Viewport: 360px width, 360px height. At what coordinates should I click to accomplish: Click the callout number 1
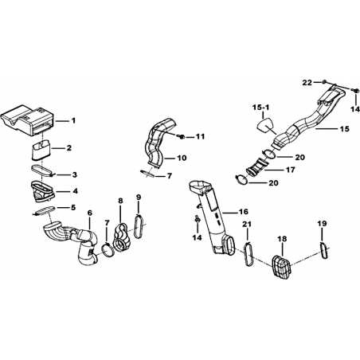click(x=73, y=120)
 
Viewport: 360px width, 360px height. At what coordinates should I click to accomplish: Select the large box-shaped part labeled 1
click(x=27, y=121)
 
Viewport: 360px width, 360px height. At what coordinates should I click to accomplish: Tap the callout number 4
click(x=75, y=191)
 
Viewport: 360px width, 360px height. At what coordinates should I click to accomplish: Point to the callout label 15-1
click(x=260, y=108)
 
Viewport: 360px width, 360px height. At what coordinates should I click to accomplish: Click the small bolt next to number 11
click(x=182, y=137)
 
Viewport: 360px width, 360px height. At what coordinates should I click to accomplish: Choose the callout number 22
click(x=307, y=83)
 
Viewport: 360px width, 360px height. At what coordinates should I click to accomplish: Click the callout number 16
click(x=244, y=212)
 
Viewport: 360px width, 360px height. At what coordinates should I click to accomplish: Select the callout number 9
click(x=139, y=198)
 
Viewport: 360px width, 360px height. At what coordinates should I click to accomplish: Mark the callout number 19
click(x=322, y=224)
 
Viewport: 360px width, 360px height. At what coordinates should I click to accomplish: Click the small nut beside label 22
click(x=324, y=82)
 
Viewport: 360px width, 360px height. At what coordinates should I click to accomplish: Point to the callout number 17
click(x=290, y=170)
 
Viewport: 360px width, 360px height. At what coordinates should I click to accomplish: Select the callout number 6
click(x=89, y=213)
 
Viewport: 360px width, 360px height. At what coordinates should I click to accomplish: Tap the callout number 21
click(x=247, y=225)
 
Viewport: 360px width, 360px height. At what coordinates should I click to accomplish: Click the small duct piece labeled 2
click(x=41, y=151)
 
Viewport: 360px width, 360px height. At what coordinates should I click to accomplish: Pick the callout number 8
click(x=120, y=201)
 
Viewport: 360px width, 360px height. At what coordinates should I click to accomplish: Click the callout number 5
click(x=73, y=207)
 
